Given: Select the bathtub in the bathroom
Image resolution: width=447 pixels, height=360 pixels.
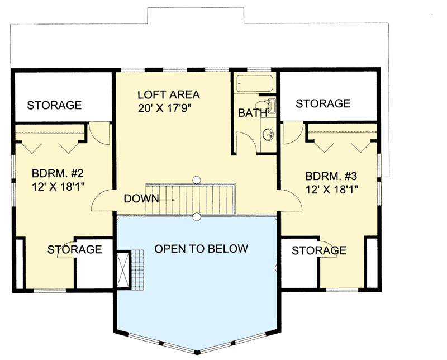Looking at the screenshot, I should coord(254,85).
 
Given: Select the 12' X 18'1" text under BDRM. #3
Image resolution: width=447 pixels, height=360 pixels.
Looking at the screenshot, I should coord(331,188).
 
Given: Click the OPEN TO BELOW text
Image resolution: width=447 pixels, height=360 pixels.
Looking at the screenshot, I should coord(201,248).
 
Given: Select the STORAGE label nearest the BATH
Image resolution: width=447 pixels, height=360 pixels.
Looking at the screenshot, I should coord(323,103).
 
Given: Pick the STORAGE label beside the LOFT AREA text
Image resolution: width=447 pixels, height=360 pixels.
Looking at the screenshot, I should coord(55,105).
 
